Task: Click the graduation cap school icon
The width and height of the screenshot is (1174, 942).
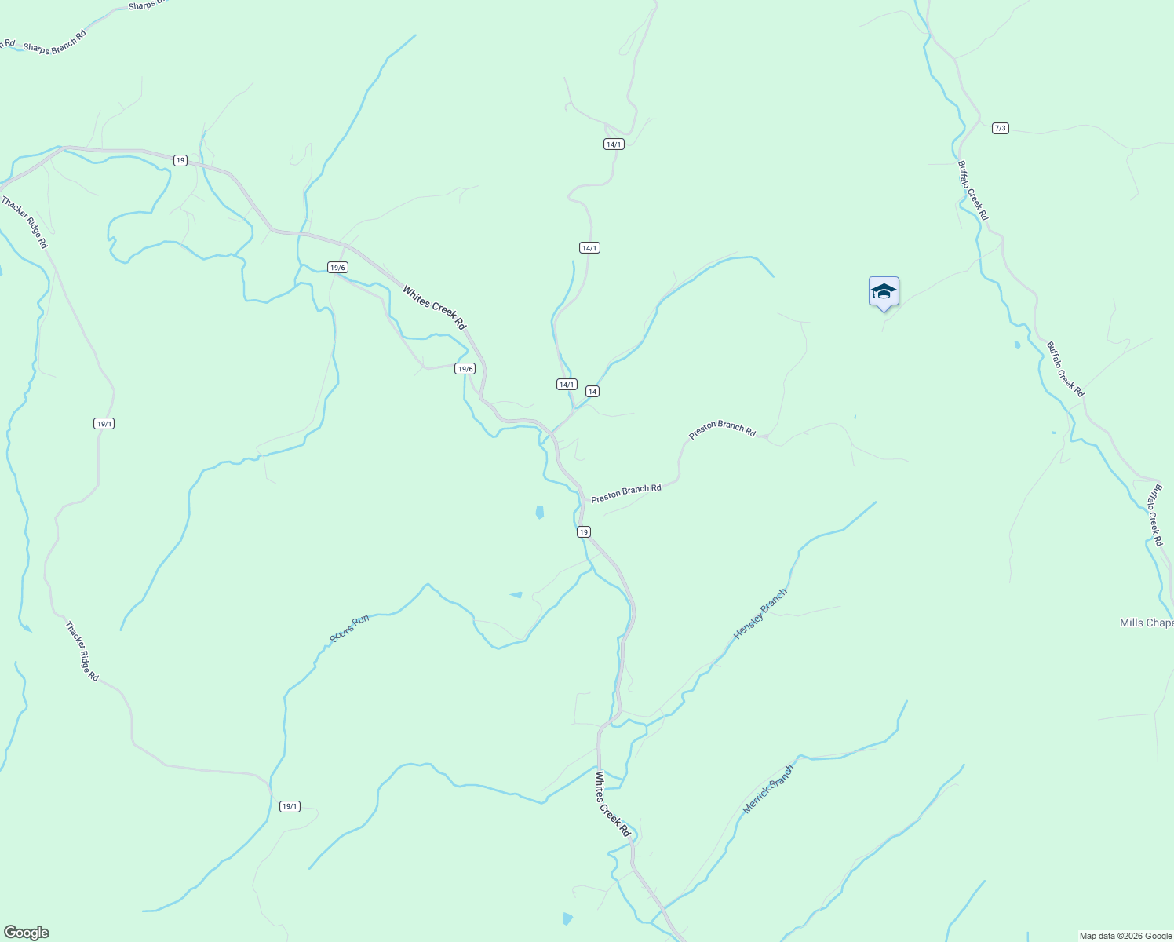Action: click(x=884, y=292)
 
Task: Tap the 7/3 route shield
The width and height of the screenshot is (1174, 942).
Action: click(x=1000, y=128)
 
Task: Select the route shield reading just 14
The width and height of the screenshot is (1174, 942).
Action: click(x=592, y=391)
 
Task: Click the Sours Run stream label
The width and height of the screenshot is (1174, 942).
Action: click(x=349, y=629)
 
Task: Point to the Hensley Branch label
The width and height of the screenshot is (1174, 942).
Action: click(x=760, y=614)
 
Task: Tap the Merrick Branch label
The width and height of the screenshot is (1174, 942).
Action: click(x=768, y=789)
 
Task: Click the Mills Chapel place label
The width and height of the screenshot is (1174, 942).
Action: click(x=1147, y=623)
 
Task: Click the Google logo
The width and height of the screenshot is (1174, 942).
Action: click(x=26, y=933)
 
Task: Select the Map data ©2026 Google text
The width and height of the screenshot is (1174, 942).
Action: click(x=1125, y=936)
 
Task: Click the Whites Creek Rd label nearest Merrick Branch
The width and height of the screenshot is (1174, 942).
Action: click(x=613, y=804)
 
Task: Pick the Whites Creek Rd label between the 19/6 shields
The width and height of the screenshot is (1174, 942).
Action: click(x=434, y=307)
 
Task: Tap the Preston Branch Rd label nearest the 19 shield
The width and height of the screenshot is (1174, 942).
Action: click(x=626, y=493)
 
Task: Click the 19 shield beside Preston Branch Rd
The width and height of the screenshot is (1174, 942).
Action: click(x=583, y=531)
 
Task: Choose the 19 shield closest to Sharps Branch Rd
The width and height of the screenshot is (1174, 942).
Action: click(x=180, y=160)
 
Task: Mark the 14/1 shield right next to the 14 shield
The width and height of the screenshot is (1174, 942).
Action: click(x=567, y=384)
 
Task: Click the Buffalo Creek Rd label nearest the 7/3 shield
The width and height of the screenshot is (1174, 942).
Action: click(x=972, y=191)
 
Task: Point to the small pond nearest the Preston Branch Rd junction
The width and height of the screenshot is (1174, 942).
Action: click(x=539, y=512)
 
